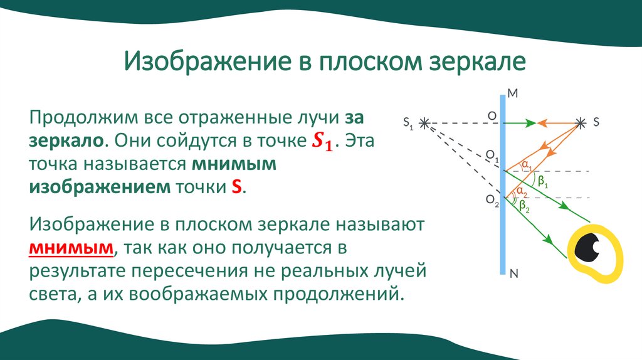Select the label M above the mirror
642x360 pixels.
[512, 93]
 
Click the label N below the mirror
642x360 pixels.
[513, 273]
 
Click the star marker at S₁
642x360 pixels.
[426, 123]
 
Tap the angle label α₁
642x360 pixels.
[527, 166]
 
